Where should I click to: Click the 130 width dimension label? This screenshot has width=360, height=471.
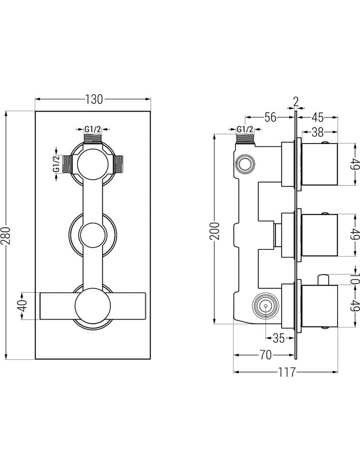(94, 99)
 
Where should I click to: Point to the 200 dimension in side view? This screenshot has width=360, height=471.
(214, 231)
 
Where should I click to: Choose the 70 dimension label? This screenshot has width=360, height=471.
(266, 355)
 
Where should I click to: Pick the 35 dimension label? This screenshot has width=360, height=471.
(279, 338)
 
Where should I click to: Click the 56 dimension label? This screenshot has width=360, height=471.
(270, 117)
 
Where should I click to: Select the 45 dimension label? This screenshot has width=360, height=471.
(318, 117)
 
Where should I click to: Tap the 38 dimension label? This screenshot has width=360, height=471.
(318, 132)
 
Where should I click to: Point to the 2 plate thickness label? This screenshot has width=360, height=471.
(296, 102)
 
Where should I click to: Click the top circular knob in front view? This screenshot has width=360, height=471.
(93, 163)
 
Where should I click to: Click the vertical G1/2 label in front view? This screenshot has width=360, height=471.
(56, 163)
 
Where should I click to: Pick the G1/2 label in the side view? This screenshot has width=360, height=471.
(245, 129)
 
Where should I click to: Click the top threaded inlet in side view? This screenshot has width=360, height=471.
(245, 139)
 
